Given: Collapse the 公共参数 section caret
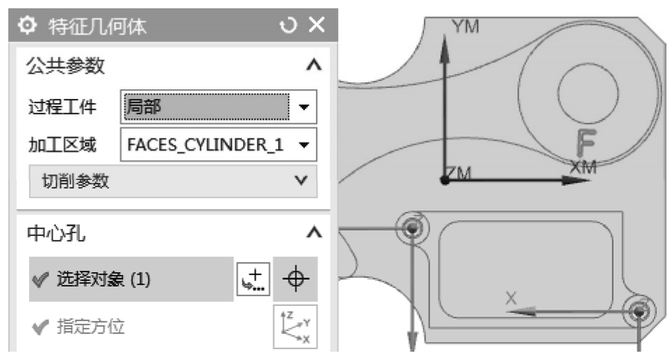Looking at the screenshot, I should point(314,66).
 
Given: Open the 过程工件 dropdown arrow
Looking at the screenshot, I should point(303,107).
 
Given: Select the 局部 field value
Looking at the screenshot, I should point(204,107).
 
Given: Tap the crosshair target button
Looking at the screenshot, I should point(296,279).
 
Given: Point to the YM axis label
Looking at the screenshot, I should point(465,26).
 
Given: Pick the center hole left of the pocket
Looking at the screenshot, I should point(414,226).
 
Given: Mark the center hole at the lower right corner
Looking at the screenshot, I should point(638,312).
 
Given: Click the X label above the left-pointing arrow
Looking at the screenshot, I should point(511,298).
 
